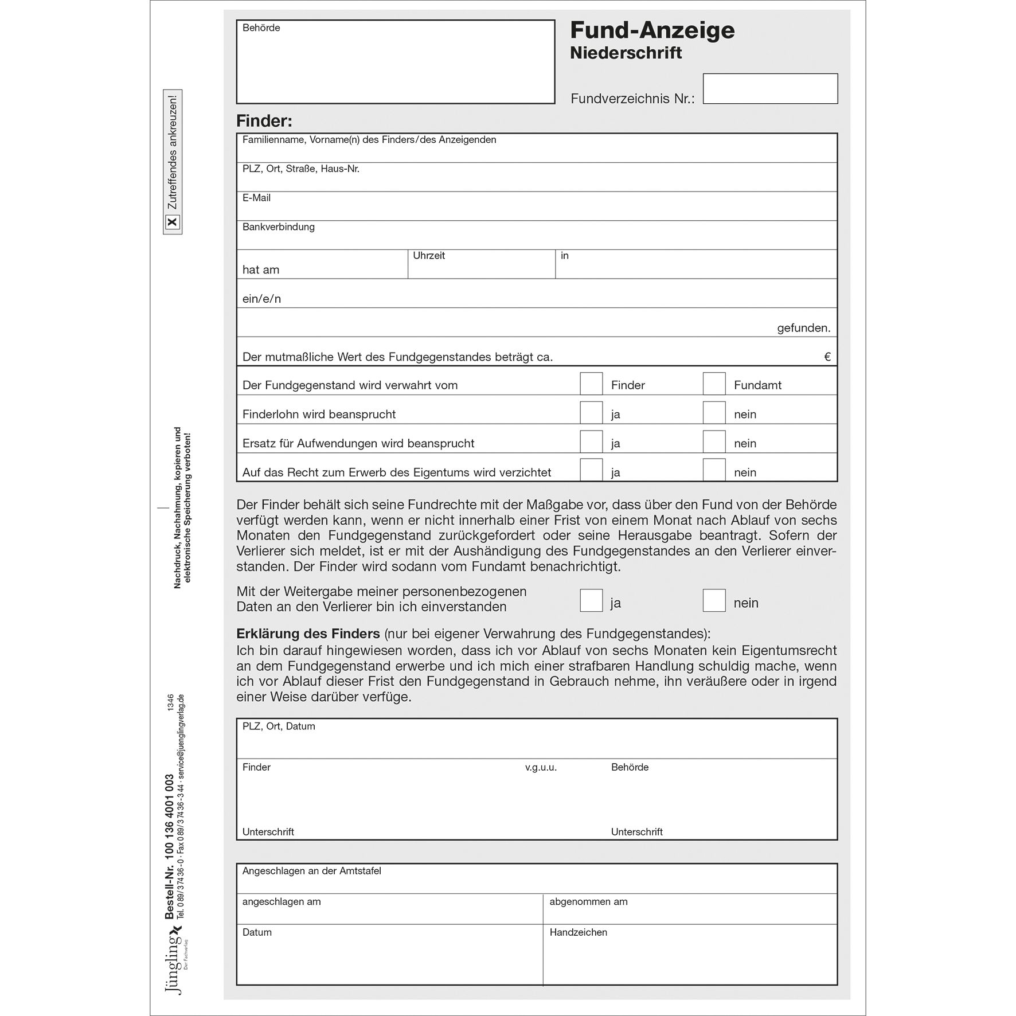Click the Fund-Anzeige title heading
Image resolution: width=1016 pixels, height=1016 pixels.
[652, 30]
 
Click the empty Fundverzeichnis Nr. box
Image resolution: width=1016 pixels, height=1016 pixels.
[770, 89]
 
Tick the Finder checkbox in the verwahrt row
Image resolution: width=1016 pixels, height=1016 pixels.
[591, 384]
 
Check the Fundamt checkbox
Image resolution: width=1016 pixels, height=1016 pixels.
[714, 384]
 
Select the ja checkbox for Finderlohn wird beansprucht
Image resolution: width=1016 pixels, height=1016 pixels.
[591, 413]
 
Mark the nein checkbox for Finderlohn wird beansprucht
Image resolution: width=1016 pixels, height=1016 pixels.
[714, 413]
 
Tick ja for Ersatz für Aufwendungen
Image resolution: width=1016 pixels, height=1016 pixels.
[591, 442]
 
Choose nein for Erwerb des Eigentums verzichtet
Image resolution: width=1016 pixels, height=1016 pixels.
[714, 471]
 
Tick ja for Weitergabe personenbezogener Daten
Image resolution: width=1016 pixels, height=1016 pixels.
[591, 601]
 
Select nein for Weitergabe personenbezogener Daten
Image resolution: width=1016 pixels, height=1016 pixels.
[714, 601]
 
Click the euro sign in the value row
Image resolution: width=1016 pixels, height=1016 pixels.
[827, 357]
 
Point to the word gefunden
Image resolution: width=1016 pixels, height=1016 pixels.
[803, 329]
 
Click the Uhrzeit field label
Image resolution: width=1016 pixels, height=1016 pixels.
[429, 256]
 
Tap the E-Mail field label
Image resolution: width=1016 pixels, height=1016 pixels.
[256, 198]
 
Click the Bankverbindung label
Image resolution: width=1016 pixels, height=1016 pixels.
[279, 227]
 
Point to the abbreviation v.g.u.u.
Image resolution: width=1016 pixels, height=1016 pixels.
[541, 767]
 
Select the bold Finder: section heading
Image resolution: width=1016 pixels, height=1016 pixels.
[264, 121]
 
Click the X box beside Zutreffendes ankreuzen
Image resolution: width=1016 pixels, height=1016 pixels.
[173, 222]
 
